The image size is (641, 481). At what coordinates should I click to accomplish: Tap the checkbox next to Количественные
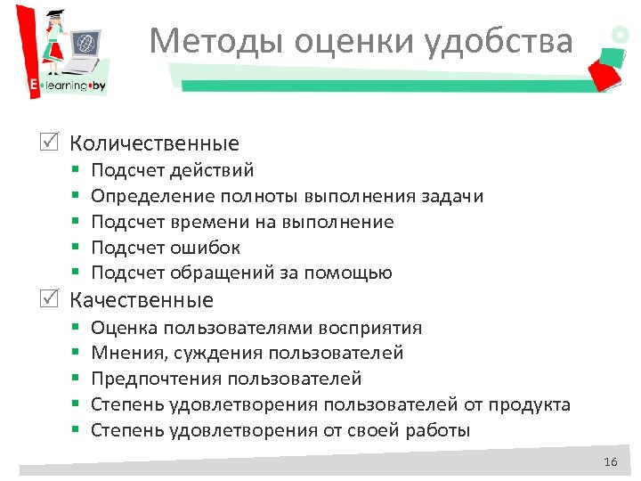tap(53, 143)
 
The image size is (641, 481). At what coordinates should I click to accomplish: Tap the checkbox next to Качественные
tap(53, 300)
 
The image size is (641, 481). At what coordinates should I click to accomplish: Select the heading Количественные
tap(154, 143)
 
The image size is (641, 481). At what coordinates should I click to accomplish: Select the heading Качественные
tap(142, 300)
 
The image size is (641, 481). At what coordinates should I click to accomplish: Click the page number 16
tap(610, 461)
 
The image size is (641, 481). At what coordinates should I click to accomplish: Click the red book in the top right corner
tap(605, 72)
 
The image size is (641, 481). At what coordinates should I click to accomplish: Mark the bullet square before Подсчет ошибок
tap(77, 248)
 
